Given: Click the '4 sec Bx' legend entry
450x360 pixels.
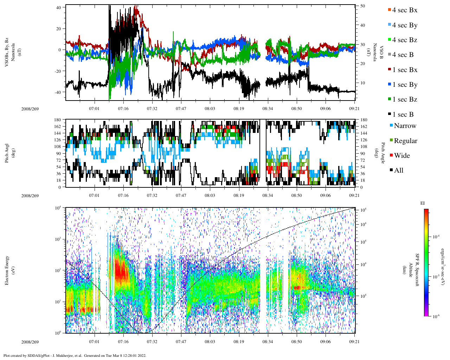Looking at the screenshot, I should (x=404, y=10).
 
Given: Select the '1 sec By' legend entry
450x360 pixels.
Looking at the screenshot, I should (x=405, y=85).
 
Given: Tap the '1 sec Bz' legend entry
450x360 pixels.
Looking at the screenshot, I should (x=405, y=99).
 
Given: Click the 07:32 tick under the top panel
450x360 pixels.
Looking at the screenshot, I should (x=152, y=109).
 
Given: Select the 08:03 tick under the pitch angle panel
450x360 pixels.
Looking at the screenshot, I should (x=210, y=195).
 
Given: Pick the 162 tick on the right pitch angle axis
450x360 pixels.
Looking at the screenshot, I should (x=364, y=127).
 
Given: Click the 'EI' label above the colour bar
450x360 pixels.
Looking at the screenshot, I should (x=423, y=203).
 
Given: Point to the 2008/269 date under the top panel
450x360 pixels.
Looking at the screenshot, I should (x=30, y=109).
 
